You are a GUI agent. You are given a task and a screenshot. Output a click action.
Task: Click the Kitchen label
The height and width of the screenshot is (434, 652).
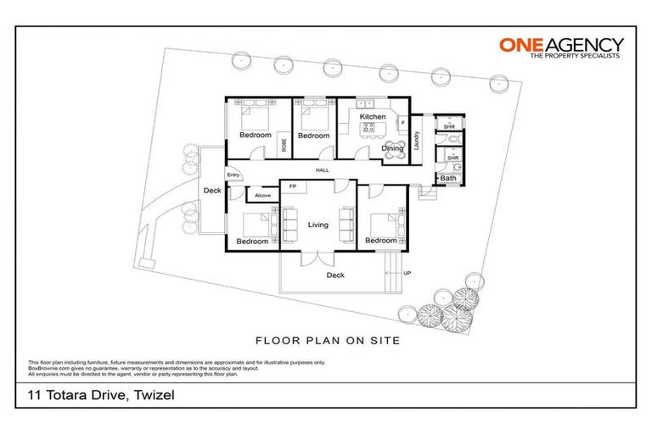pos(373,116)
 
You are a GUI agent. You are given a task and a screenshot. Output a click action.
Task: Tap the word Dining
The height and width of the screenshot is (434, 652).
pos(392,149)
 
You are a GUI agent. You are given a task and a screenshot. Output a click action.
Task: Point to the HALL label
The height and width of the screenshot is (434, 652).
pos(322,171)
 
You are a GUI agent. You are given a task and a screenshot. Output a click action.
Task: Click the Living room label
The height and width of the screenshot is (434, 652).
pos(318,225)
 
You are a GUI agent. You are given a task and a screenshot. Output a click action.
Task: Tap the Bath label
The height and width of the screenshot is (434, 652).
pos(447,178)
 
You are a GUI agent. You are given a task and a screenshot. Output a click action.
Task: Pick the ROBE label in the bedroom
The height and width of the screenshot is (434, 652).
pos(284,145)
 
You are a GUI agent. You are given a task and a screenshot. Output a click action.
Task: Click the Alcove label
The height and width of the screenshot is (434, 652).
pos(263,196)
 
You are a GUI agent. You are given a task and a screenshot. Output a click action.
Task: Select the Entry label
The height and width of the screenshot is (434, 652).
pos(233,175)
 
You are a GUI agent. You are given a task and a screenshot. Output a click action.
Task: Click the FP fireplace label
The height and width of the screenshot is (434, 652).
pos(293,186)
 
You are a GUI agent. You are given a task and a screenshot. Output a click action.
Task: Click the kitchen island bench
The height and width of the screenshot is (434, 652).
pos(372,130)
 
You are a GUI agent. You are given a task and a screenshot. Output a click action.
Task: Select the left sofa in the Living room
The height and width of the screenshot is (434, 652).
pos(288,223)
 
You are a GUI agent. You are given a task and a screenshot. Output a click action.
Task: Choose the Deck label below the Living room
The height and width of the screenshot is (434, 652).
pos(335,275)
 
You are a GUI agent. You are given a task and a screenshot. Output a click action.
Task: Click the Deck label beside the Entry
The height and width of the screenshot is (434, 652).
pos(212,191)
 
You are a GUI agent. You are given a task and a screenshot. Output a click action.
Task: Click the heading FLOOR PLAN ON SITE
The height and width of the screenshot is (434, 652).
pos(328,341)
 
